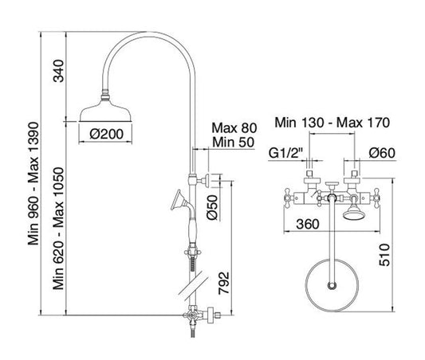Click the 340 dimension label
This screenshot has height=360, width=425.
pos(59,71)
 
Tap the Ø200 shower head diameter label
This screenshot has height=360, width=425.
pos(107,134)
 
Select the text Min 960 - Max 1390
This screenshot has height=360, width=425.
pos(33,184)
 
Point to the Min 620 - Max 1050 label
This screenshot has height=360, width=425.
pos(58,229)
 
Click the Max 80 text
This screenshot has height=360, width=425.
pos(234,128)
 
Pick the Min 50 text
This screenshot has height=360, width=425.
pos(234,143)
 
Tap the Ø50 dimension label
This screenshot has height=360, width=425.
pos(212,208)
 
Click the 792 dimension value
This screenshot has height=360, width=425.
pos(224,283)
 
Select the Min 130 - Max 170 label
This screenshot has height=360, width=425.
pos(333,123)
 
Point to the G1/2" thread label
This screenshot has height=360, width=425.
pos(285,154)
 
